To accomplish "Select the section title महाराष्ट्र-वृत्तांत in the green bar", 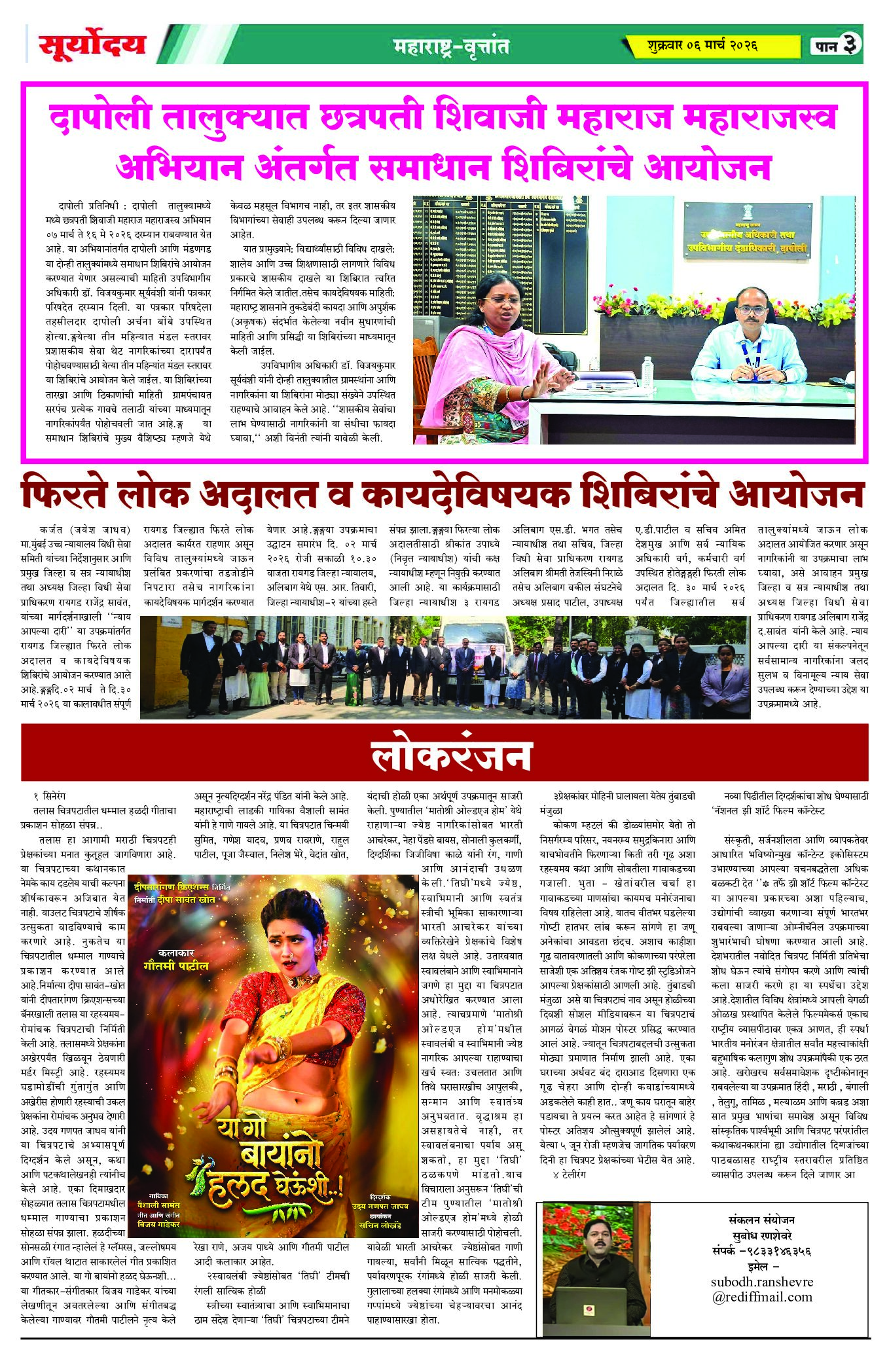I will point(451,46).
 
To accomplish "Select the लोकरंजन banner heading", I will point(450,755).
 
